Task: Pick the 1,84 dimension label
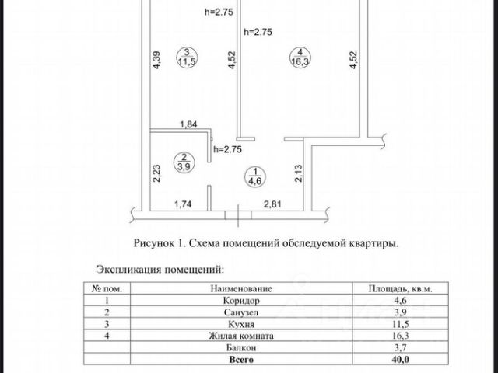click(x=189, y=124)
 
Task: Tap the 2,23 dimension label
click(x=156, y=172)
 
